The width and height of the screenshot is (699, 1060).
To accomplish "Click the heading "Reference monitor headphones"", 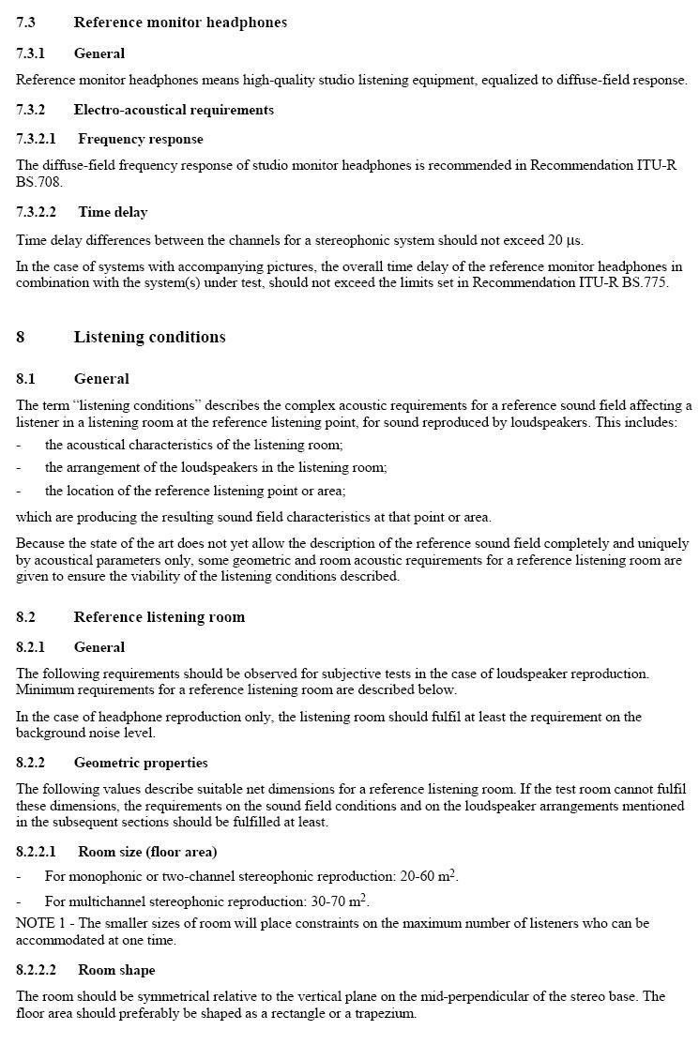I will [x=180, y=23].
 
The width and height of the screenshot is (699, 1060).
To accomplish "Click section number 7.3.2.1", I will [x=36, y=139].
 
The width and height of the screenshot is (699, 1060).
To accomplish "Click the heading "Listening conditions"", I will [x=149, y=337].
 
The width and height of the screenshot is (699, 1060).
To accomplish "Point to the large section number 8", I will [x=21, y=337].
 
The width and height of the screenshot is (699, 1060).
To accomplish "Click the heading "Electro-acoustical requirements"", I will [x=174, y=110].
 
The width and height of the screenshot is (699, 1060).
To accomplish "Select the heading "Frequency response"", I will [x=140, y=139].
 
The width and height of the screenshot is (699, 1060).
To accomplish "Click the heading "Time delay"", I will [x=113, y=212].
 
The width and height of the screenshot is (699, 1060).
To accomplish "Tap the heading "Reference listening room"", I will [x=159, y=616].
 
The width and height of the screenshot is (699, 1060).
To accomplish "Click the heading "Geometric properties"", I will [x=141, y=763].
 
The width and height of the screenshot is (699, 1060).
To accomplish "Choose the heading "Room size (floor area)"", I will [x=147, y=852].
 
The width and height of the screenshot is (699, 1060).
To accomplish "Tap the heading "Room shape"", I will [x=116, y=970].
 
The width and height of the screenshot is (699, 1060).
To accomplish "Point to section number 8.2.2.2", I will [x=36, y=970].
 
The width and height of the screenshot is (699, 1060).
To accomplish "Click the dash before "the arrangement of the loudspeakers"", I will [x=19, y=467].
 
